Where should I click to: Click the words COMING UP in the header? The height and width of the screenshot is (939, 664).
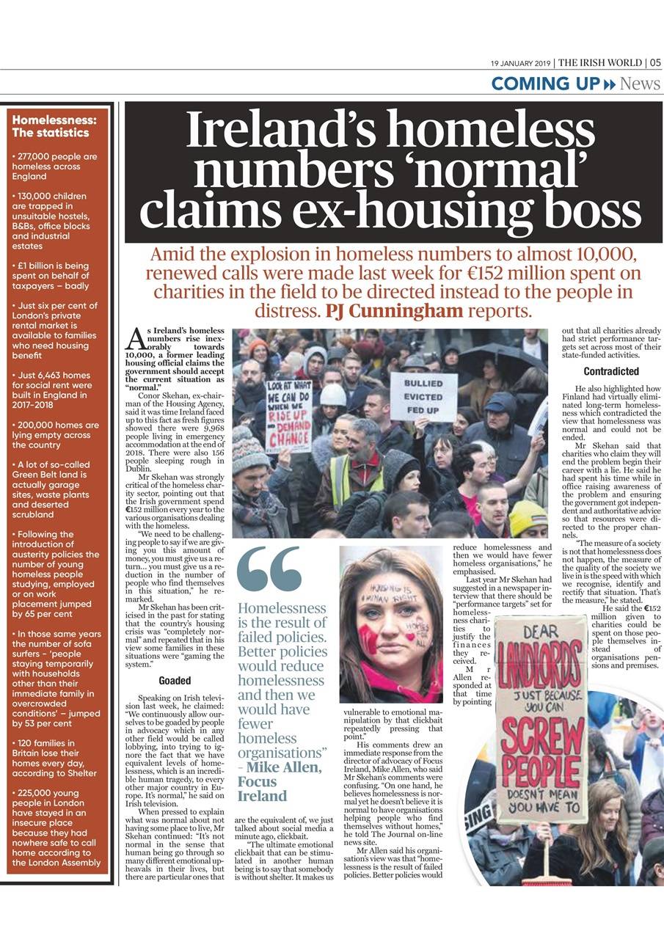coord(545,84)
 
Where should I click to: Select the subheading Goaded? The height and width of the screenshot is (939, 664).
coord(175,680)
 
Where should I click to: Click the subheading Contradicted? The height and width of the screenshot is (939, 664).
coord(611,371)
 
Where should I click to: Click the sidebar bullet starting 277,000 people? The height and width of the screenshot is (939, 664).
coord(55,167)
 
